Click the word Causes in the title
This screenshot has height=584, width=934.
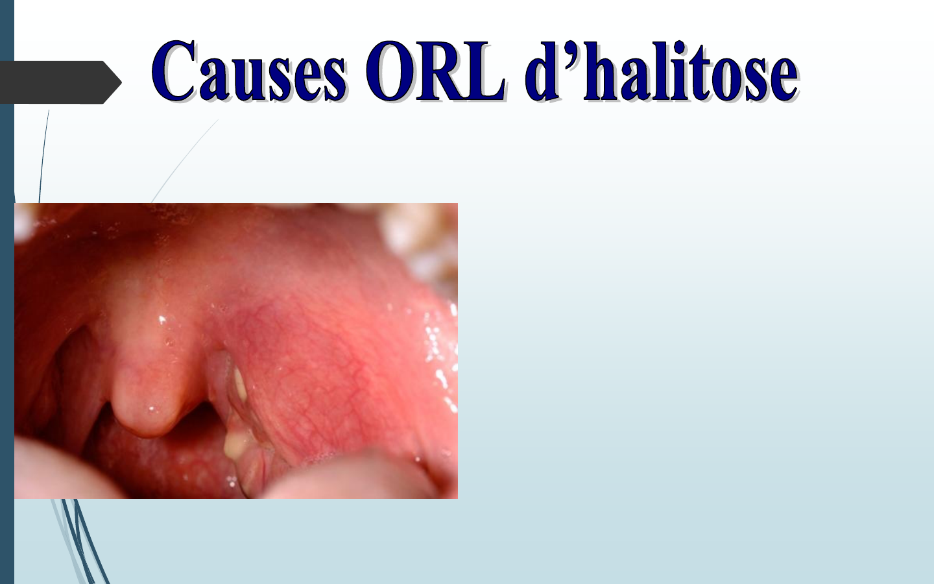point(249,71)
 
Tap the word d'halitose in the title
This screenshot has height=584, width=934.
point(662,71)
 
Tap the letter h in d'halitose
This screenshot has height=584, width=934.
point(601,71)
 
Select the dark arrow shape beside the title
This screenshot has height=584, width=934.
point(60,82)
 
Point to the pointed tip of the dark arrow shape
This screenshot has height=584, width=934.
point(121,82)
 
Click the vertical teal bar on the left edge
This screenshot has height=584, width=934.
point(6,292)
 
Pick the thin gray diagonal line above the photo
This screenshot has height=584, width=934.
point(185,161)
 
